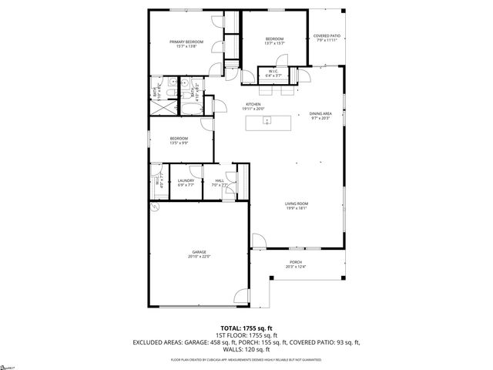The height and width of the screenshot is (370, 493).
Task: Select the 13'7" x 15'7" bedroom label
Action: point(274,41)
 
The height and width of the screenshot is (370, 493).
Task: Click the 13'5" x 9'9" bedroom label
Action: point(179,140)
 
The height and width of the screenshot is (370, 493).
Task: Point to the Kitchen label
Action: point(253,106)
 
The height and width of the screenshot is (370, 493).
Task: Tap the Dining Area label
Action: point(320,116)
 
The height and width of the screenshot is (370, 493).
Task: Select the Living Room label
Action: point(297,205)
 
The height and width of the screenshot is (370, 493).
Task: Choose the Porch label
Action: point(297,264)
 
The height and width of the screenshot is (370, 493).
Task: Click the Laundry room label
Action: point(186,183)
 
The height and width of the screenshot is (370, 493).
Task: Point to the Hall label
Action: point(220,183)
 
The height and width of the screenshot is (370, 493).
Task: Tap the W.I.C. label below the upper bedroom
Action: point(273,74)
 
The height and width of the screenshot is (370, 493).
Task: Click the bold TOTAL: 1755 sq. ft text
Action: point(246,328)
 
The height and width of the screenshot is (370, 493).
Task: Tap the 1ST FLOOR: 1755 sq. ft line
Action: point(246,335)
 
